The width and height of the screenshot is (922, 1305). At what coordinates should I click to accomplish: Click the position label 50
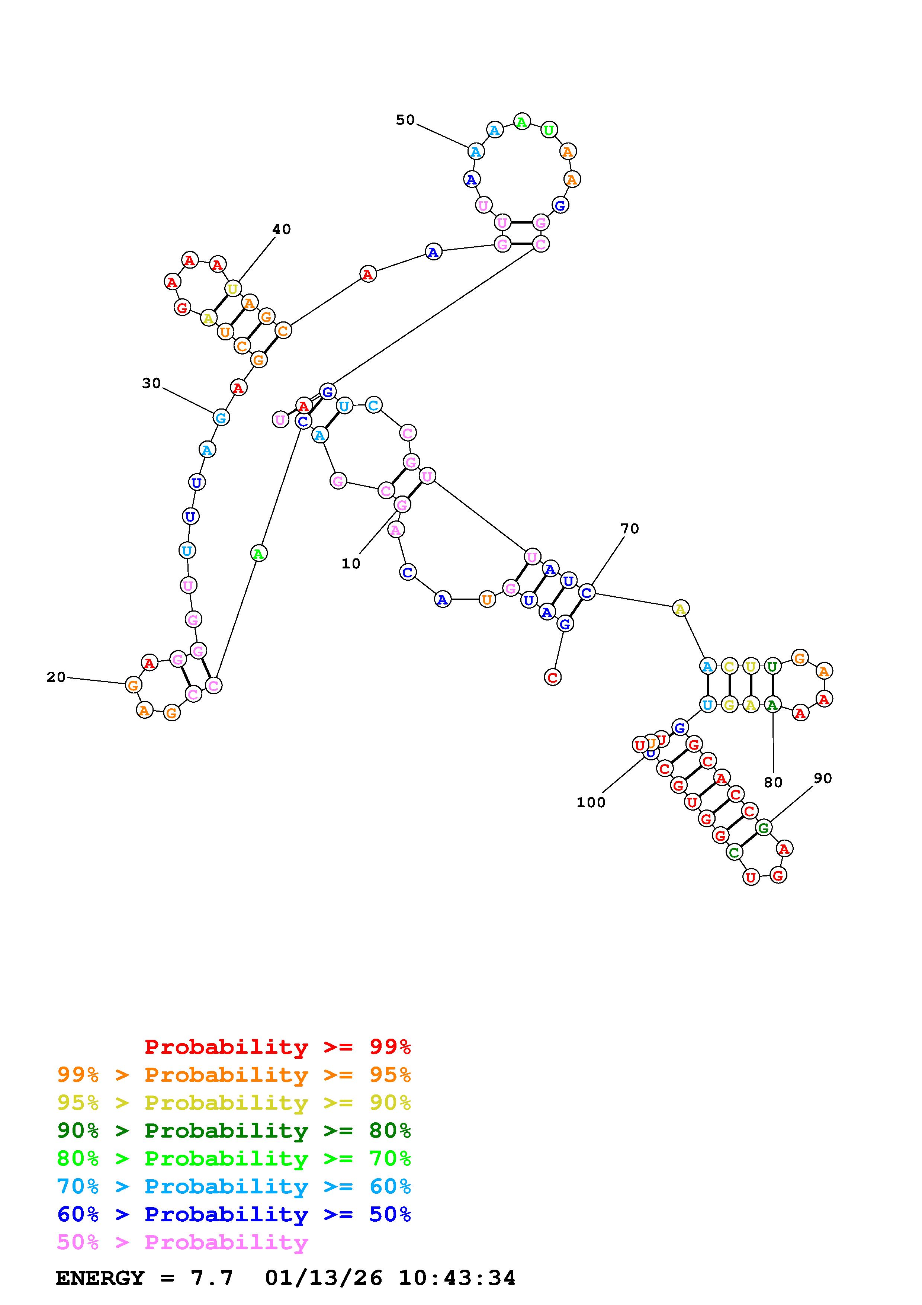405,120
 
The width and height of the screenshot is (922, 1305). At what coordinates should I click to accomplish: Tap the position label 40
281,229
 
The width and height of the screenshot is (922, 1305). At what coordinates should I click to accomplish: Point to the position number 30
151,383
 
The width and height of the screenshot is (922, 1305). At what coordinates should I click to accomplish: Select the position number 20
56,677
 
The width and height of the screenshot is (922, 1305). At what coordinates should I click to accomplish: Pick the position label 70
629,529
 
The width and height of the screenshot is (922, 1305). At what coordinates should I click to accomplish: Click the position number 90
823,778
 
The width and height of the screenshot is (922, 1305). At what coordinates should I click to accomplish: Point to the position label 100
591,802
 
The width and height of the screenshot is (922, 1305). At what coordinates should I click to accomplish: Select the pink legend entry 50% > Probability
182,1243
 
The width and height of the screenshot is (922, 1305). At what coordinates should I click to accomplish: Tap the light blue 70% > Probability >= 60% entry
234,1187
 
